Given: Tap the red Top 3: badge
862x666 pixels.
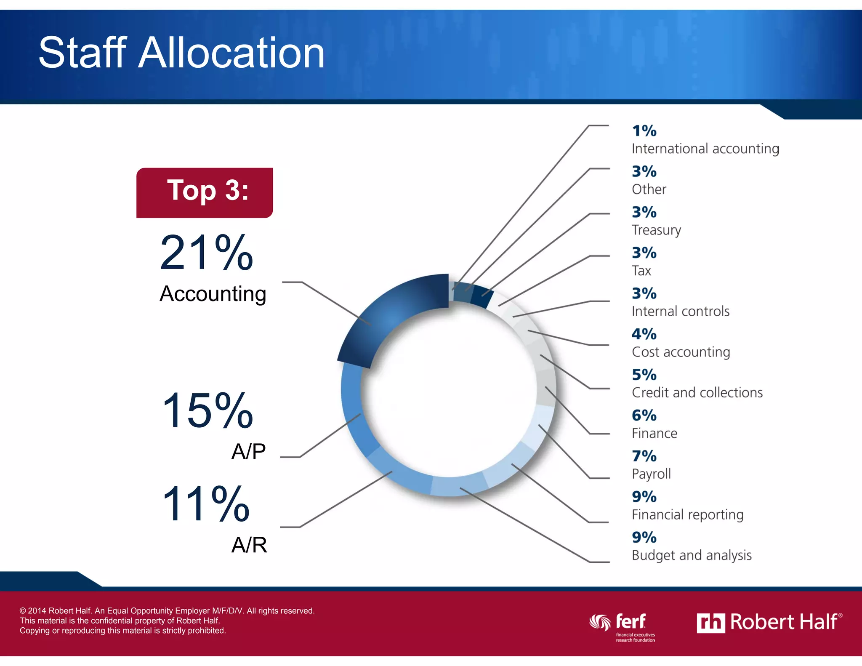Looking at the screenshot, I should pos(205,192).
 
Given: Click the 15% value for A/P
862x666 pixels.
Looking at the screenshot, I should pos(208,410).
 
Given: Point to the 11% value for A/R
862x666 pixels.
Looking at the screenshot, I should pos(206,503).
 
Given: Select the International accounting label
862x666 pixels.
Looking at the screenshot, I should pos(705,149).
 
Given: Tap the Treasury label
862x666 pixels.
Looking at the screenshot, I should pos(656,230).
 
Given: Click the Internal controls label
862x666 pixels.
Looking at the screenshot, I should pos(680,311).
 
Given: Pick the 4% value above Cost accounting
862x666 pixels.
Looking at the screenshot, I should pos(644,334).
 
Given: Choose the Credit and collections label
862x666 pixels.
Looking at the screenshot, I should pos(697,392).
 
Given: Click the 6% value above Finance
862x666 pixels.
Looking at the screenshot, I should pos(644,416).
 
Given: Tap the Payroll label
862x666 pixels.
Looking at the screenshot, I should pos(651,474).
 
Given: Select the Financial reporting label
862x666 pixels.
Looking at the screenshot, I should pos(687,514).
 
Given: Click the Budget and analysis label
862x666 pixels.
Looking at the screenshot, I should pos(691,555).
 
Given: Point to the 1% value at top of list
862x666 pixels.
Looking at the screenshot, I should pos(644,131).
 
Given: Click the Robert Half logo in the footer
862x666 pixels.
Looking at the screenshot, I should pos(769,622).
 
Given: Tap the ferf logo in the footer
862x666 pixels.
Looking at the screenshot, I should pos(623,626).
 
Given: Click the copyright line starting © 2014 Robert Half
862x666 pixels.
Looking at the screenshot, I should pos(167,610).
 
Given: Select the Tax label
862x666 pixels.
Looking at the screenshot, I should pos(641,271).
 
